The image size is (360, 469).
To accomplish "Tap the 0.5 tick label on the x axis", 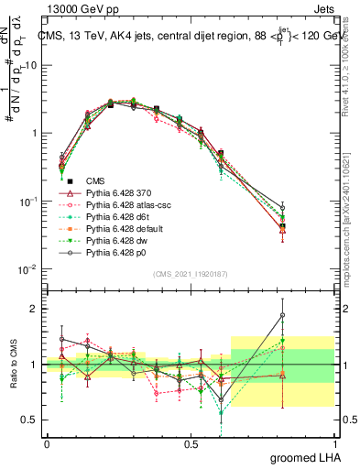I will click(x=191, y=443).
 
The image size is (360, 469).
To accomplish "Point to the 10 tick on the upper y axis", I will click(x=34, y=65).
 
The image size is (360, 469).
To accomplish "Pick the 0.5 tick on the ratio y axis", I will click(x=34, y=420).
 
